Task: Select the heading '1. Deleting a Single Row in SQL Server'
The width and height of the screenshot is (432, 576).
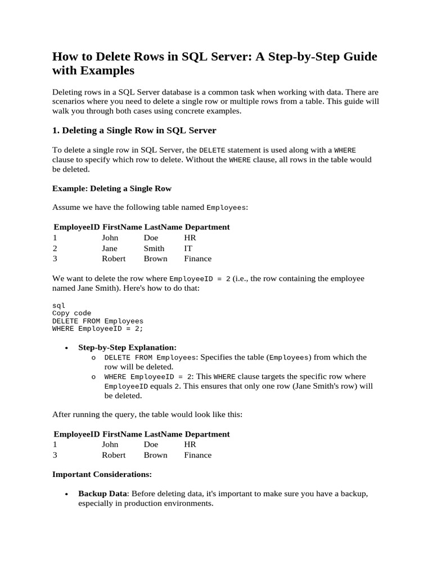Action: pyautogui.click(x=134, y=130)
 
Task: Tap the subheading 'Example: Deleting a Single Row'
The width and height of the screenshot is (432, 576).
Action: pyautogui.click(x=112, y=188)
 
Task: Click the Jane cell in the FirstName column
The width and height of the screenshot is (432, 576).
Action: pyautogui.click(x=110, y=248)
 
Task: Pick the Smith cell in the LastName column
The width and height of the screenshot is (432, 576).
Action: pyautogui.click(x=154, y=248)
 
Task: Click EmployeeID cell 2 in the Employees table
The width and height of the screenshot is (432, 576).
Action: pyautogui.click(x=55, y=248)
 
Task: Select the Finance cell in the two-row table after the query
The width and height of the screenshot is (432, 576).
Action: pyautogui.click(x=197, y=454)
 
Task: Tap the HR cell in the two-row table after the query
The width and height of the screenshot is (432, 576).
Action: pyautogui.click(x=190, y=444)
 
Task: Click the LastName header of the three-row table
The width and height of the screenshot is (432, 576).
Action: pyautogui.click(x=163, y=227)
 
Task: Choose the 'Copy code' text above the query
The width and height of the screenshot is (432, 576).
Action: pyautogui.click(x=71, y=313)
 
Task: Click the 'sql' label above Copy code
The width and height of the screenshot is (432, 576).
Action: pyautogui.click(x=58, y=305)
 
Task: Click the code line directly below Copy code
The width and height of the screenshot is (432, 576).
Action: pyautogui.click(x=98, y=321)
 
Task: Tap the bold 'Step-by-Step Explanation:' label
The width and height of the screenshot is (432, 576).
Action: pyautogui.click(x=127, y=348)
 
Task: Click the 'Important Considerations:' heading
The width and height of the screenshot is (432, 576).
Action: pyautogui.click(x=102, y=474)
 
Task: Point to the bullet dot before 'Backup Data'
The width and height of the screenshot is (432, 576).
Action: pyautogui.click(x=67, y=494)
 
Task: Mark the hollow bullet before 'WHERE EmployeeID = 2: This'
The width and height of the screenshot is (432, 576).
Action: pyautogui.click(x=93, y=377)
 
